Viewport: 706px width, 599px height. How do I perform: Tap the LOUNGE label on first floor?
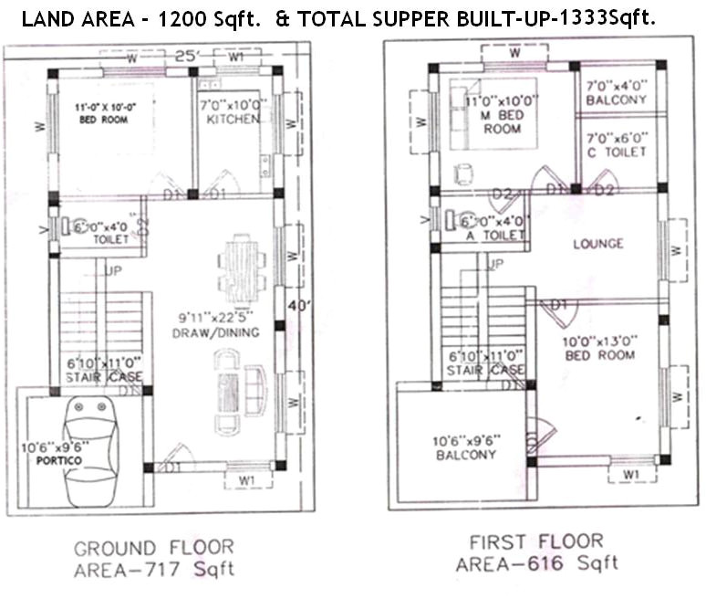click(x=597, y=244)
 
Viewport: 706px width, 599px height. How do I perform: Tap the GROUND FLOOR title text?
click(x=153, y=549)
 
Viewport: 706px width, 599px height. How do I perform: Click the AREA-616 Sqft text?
click(x=536, y=563)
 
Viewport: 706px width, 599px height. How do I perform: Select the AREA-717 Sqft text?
click(x=153, y=571)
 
